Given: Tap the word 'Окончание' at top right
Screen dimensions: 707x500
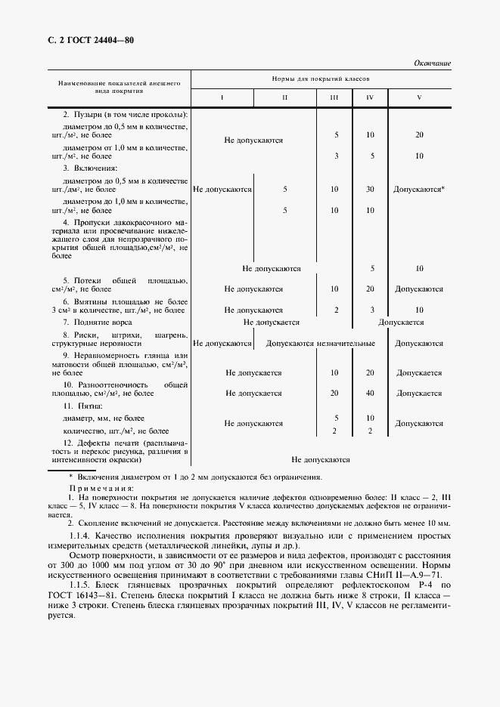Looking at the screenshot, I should pos(432,63).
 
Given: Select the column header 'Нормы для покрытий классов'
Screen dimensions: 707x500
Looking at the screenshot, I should pos(321,79).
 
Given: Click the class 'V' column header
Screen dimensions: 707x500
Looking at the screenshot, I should pos(419,98).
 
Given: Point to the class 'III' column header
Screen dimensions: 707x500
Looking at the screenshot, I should pos(334,98).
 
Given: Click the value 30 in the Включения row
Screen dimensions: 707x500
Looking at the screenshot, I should pos(370,190).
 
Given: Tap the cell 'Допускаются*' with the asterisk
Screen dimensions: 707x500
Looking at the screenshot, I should pos(419,190).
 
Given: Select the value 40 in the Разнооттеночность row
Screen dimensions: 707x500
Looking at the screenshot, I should pos(370,393).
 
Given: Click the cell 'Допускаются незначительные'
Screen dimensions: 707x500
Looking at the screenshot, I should pos(321,344).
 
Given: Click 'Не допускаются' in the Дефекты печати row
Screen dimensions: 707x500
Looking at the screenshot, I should pos(321,458).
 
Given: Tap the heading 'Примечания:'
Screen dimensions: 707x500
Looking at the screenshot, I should pos(100,489).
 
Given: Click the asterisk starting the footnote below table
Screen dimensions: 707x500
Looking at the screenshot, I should pos(70,477).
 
